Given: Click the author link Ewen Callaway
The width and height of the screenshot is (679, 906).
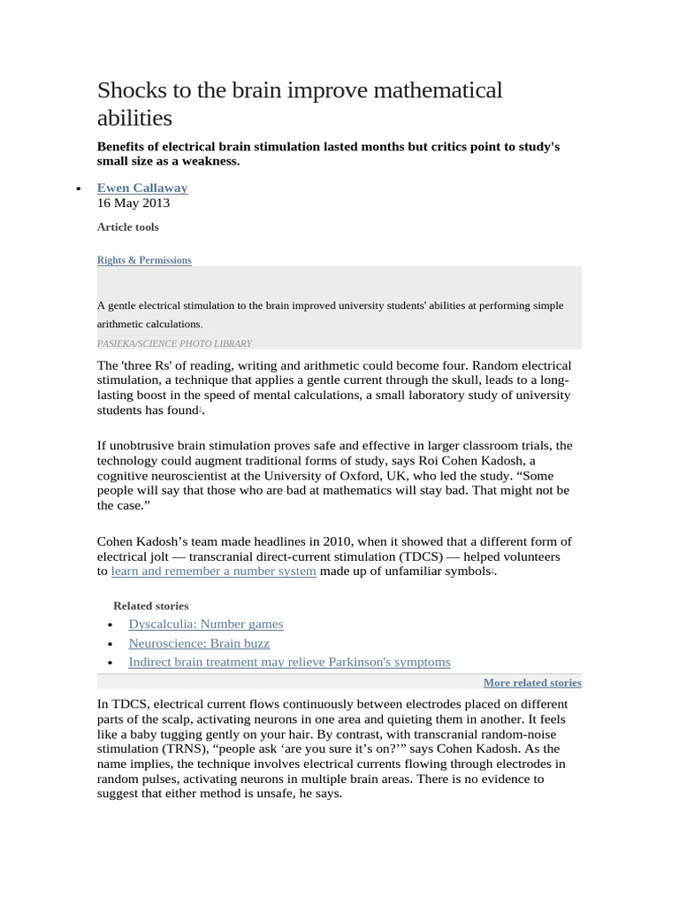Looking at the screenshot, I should pos(141,188).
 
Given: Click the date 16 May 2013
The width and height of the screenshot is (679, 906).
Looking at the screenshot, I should pos(133,203).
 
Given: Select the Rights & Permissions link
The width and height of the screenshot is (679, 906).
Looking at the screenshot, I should pos(143,260).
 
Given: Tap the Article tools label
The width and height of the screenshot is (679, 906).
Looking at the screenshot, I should pos(127,227).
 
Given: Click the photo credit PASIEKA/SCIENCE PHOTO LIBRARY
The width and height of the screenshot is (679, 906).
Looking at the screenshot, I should pos(174,343).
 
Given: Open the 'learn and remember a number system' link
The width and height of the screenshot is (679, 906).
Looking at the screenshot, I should pos(213,572).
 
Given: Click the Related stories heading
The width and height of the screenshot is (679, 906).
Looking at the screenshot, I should pos(150,606).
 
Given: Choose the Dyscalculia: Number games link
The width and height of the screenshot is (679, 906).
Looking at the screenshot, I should pos(205,624).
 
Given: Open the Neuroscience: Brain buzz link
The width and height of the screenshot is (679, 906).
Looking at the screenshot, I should pos(199,643).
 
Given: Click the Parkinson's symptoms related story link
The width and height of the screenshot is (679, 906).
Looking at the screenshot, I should pos(289,662).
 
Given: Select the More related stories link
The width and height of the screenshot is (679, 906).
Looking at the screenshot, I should pos(532,683).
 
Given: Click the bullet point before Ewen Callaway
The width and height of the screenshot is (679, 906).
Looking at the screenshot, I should pos(79,188).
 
